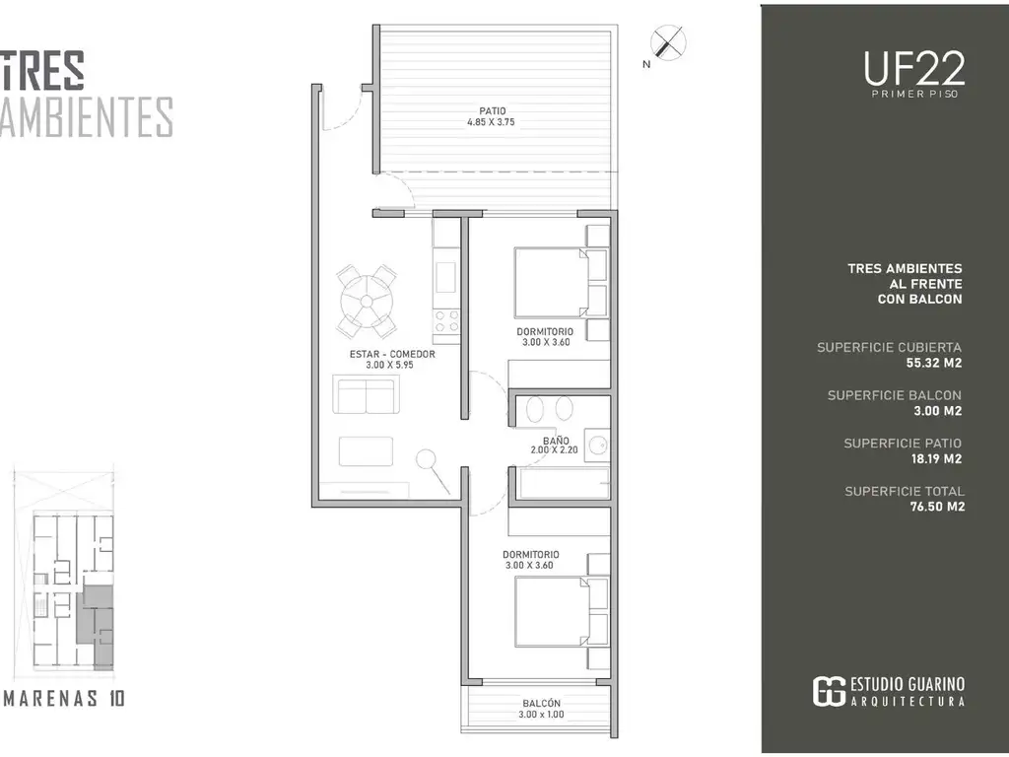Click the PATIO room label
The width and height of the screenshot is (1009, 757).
click(x=493, y=110)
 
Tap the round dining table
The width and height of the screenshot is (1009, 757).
click(x=367, y=301)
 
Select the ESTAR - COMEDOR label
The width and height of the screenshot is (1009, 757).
click(x=392, y=354)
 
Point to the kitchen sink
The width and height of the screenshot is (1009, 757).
click(x=446, y=277)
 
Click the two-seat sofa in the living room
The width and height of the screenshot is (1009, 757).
click(x=366, y=394)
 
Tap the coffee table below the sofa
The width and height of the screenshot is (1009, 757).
click(x=367, y=451)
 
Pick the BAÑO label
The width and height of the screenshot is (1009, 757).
click(x=556, y=441)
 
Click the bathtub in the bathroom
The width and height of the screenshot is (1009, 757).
click(x=564, y=483)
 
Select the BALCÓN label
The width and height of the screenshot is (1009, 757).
click(x=541, y=704)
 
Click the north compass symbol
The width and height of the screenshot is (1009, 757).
click(x=668, y=43)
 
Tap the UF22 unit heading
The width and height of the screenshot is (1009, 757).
click(x=914, y=68)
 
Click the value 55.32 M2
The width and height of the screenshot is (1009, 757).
click(x=934, y=363)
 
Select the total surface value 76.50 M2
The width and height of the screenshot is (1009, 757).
click(x=937, y=507)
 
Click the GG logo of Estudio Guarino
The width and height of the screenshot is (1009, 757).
click(x=829, y=691)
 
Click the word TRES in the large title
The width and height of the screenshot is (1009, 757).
click(x=42, y=70)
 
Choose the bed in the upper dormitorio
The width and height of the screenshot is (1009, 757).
click(x=552, y=283)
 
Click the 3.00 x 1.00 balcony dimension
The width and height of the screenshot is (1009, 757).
click(x=541, y=715)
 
